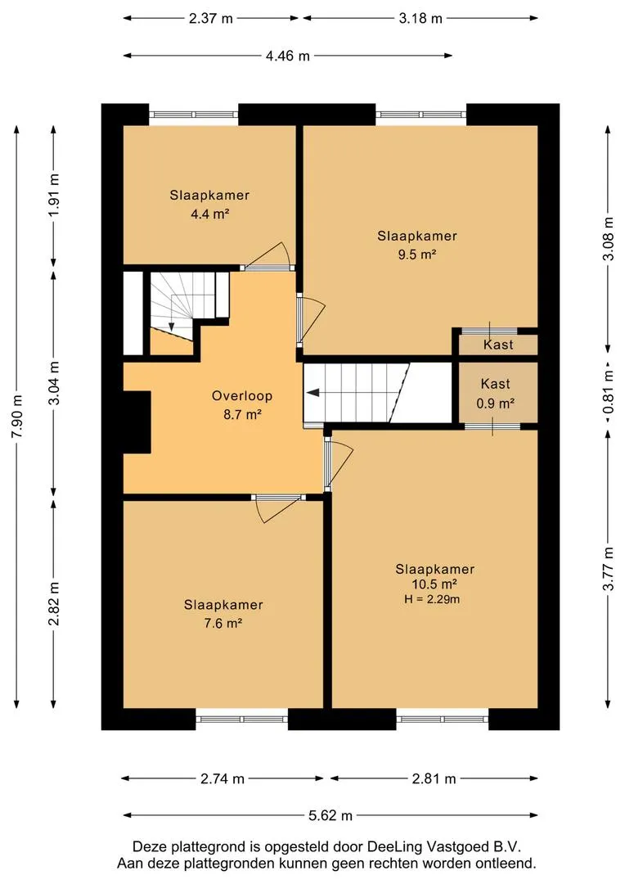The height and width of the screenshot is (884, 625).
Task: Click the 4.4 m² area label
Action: point(209,214)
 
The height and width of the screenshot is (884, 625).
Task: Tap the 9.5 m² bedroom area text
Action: point(417,255)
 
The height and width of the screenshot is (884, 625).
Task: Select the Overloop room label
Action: point(242,396)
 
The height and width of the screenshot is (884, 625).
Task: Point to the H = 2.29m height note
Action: point(432,599)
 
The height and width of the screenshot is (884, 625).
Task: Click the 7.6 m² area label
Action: point(223,624)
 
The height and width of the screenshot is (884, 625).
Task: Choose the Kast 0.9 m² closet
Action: point(496,393)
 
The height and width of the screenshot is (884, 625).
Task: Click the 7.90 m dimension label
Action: point(17,416)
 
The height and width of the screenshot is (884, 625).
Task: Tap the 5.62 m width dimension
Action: point(330,815)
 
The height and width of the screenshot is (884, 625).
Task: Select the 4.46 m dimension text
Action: point(288,56)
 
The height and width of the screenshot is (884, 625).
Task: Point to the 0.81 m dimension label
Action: point(608,390)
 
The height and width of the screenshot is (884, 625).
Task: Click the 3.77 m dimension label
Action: point(608,569)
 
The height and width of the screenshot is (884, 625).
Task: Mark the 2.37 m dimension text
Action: point(211,19)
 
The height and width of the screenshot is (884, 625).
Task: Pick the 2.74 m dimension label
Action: point(223,778)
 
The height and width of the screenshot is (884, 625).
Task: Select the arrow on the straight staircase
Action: point(313,393)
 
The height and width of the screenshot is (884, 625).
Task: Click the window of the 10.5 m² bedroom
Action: point(443,719)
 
